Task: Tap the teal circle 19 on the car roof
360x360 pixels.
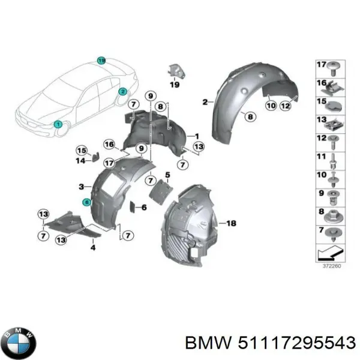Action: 101,61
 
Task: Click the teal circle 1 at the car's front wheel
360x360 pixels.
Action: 58,124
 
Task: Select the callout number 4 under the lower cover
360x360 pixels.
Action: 92,247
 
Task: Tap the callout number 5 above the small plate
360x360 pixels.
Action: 168,175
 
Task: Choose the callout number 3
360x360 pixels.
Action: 82,187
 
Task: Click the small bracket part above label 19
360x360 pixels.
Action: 175,70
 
